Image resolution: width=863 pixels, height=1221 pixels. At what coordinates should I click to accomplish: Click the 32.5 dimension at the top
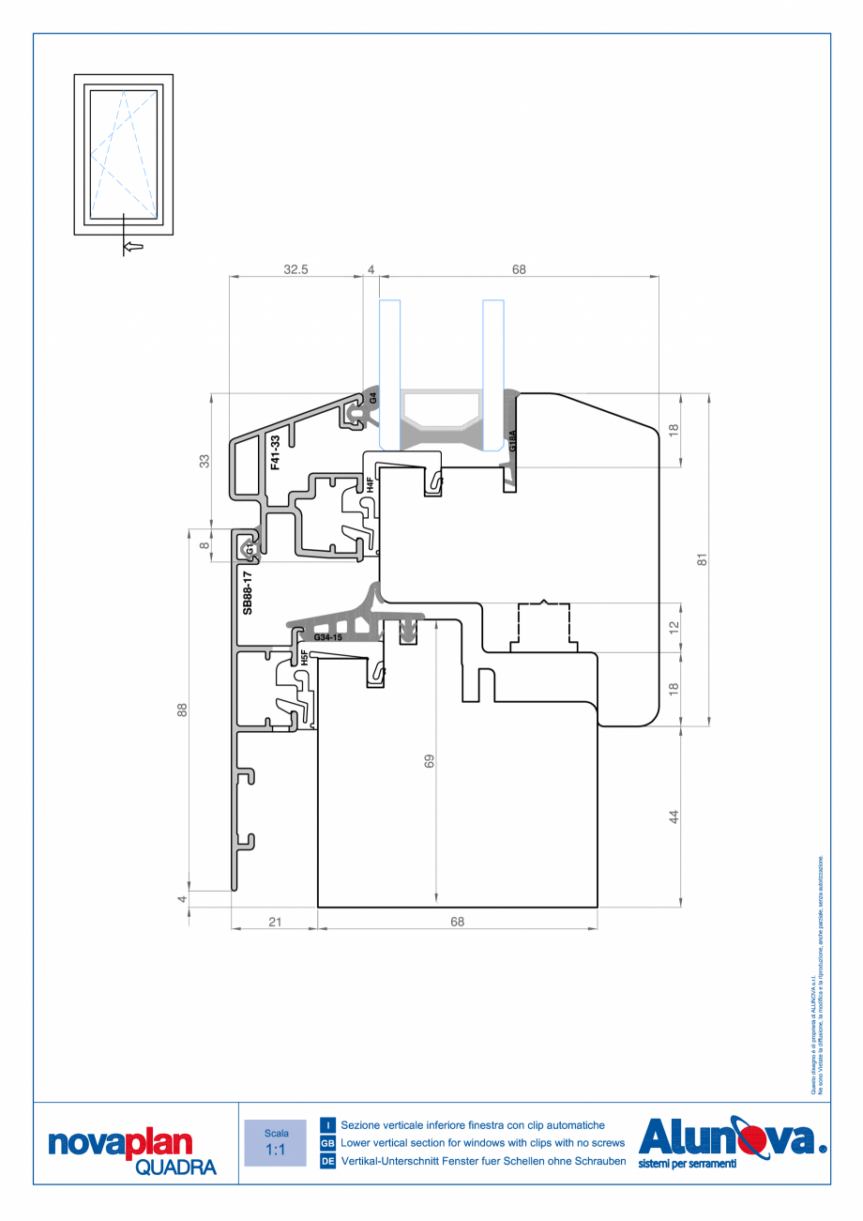tap(296, 269)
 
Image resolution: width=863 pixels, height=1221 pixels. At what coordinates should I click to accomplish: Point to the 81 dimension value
tap(701, 559)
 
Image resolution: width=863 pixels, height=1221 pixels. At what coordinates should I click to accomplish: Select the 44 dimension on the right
tap(673, 817)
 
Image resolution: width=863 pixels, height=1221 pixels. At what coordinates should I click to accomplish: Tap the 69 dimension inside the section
tap(430, 761)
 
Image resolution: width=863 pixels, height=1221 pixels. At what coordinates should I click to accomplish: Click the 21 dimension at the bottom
tap(275, 922)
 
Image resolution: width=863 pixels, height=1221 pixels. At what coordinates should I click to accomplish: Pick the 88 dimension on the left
tap(182, 710)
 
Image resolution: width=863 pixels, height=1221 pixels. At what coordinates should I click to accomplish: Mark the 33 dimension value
tap(204, 460)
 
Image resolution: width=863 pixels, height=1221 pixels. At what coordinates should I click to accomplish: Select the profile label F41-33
tap(276, 452)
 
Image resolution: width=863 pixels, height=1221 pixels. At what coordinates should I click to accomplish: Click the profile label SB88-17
tap(248, 592)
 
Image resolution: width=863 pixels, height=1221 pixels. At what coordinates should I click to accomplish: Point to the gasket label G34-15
tap(328, 638)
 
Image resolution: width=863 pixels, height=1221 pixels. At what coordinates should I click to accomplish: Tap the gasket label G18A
tap(512, 441)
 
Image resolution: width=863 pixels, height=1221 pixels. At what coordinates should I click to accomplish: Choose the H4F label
tap(371, 485)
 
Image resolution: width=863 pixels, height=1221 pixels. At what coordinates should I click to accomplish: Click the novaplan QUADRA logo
tap(132, 1151)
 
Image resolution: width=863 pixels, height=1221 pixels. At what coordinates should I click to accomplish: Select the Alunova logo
tap(732, 1142)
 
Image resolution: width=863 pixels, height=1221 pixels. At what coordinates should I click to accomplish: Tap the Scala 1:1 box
tap(276, 1142)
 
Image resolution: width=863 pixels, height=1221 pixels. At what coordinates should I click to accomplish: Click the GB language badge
tap(327, 1143)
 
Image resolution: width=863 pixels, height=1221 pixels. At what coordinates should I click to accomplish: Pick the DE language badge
tap(327, 1162)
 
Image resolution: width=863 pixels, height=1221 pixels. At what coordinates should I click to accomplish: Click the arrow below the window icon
tap(133, 246)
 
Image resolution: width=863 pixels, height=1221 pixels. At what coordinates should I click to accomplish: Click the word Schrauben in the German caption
tap(596, 1162)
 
